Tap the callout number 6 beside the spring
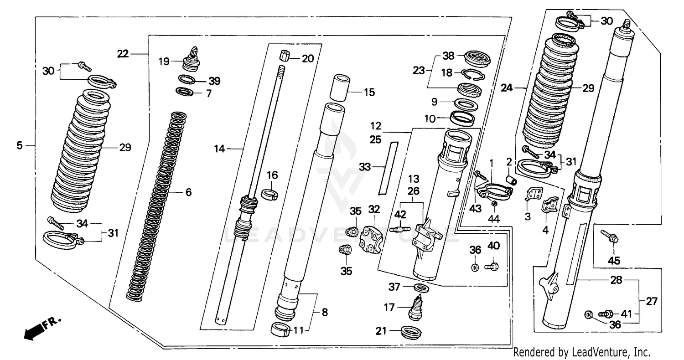(x=188, y=192)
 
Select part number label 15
(x=369, y=93)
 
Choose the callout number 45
(x=613, y=261)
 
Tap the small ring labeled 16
(x=269, y=195)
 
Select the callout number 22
(x=123, y=54)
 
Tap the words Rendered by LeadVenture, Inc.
(x=581, y=352)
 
